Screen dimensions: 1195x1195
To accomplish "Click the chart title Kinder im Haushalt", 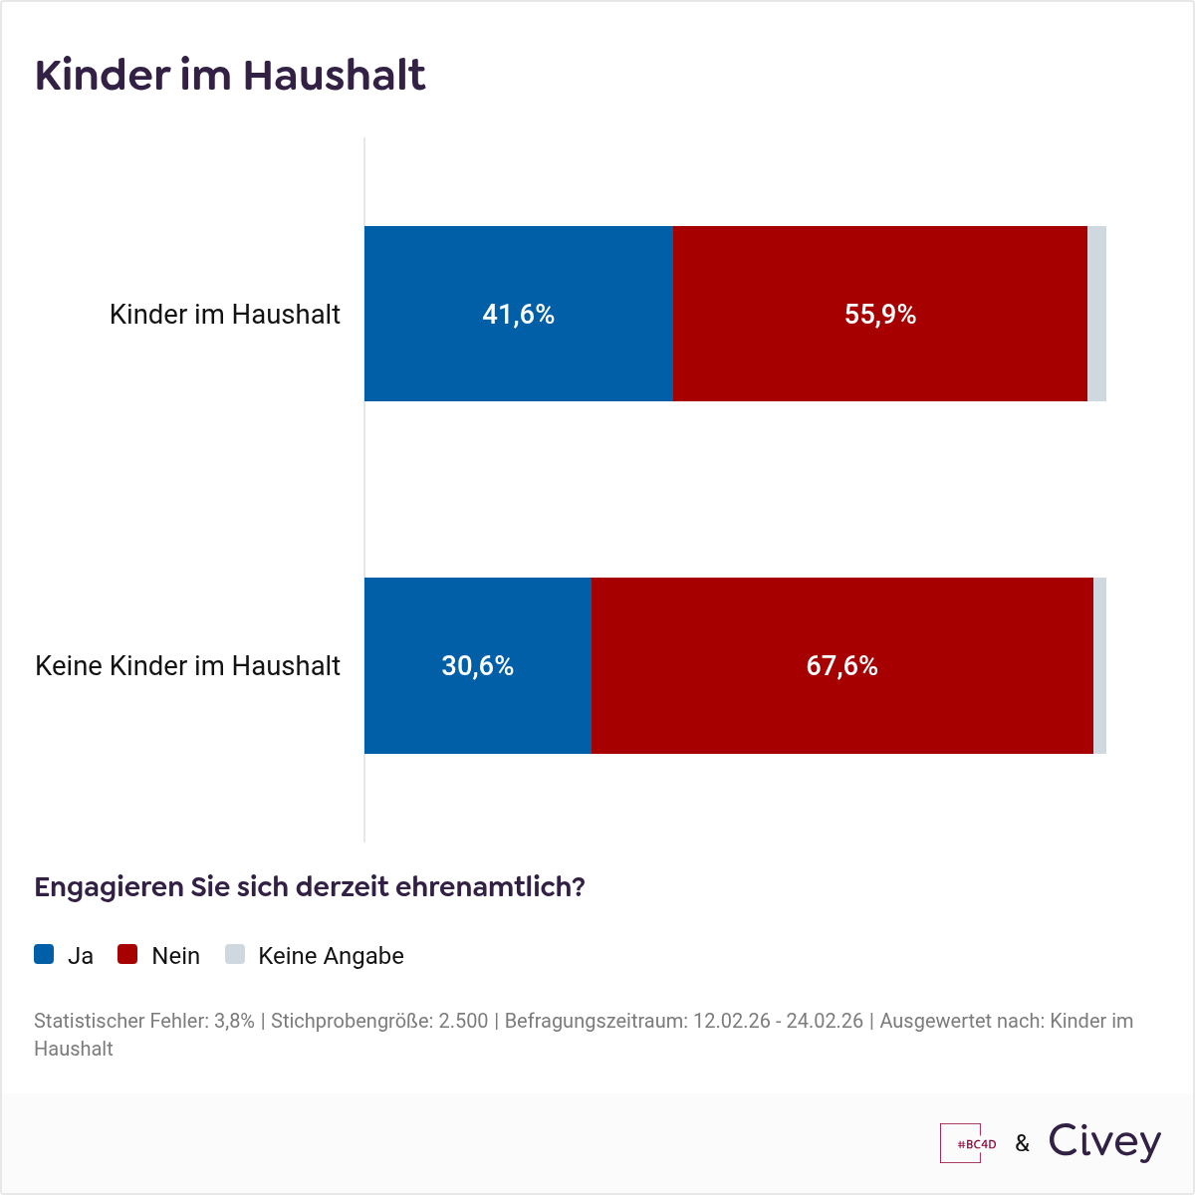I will pyautogui.click(x=230, y=76).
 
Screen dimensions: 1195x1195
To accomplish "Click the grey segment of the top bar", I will pyautogui.click(x=1096, y=314).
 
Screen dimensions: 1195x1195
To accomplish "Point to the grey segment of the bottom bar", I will pyautogui.click(x=1099, y=665).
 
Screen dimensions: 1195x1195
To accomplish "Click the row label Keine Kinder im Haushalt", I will pyautogui.click(x=188, y=665).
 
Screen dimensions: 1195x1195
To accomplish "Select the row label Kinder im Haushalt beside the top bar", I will pyautogui.click(x=225, y=314).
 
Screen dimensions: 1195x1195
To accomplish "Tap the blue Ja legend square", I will pyautogui.click(x=44, y=954).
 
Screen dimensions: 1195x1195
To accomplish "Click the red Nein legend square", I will pyautogui.click(x=127, y=954).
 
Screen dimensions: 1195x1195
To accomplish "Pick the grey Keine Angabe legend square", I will pyautogui.click(x=235, y=954).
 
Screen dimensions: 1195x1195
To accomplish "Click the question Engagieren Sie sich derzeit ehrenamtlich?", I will pyautogui.click(x=309, y=886).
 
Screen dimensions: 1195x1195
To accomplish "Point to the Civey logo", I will pyautogui.click(x=1104, y=1142).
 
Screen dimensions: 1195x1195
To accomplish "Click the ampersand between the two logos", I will pyautogui.click(x=1023, y=1143).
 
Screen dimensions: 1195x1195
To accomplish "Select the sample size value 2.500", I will pyautogui.click(x=463, y=1021).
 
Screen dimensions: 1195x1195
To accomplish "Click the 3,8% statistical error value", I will pyautogui.click(x=234, y=1021).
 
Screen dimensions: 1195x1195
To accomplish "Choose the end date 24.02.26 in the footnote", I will pyautogui.click(x=825, y=1021).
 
